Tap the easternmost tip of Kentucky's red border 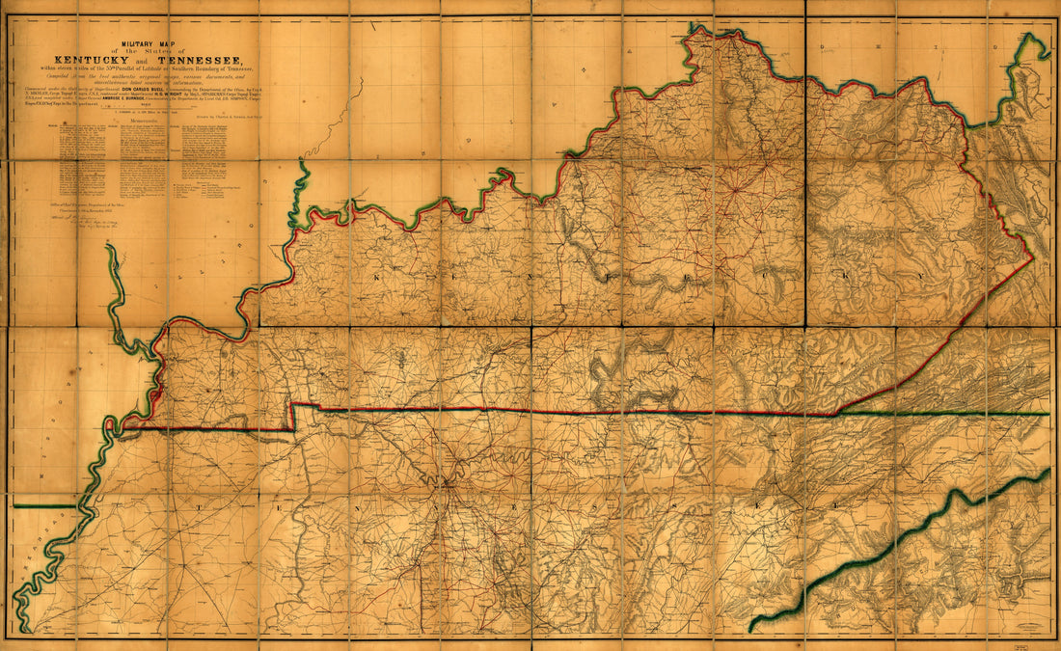(x=1032, y=257)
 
